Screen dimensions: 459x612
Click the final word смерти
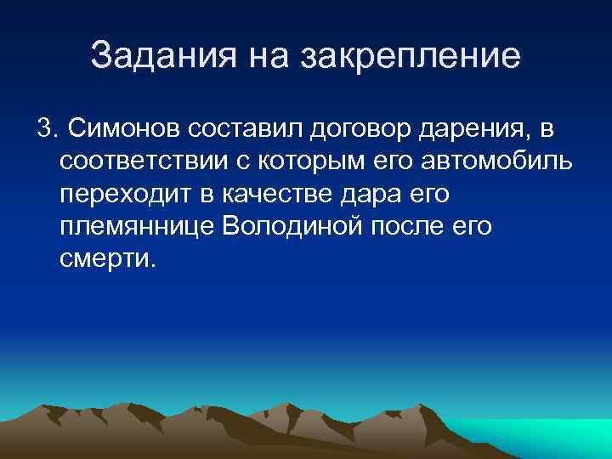[x=108, y=258]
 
